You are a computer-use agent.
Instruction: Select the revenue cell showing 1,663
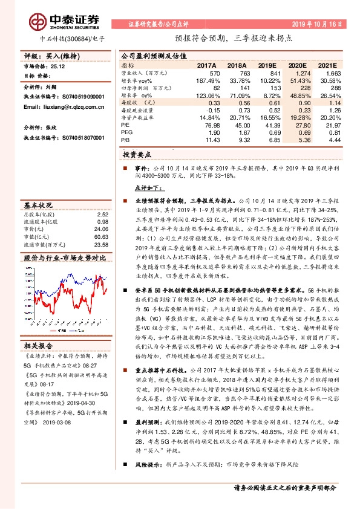pos(333,72)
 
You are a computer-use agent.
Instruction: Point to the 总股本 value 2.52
pos(102,215)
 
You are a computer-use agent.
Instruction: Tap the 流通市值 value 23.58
pos(101,245)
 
